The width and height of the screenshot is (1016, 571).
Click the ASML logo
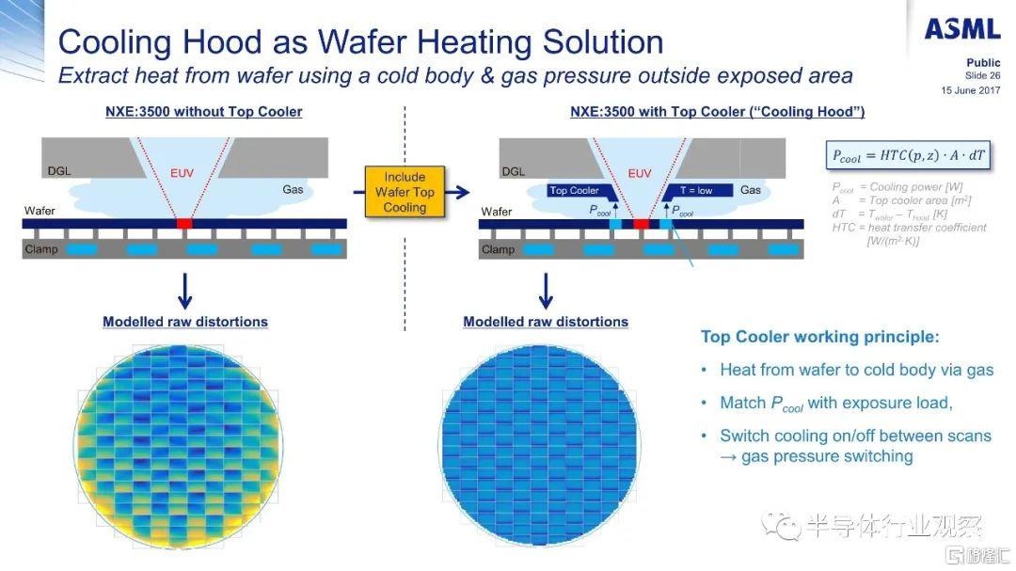click(x=962, y=29)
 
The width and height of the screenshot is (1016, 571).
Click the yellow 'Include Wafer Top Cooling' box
click(x=405, y=192)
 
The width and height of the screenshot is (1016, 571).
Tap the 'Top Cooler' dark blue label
click(x=576, y=191)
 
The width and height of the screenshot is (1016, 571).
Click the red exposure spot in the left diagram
click(x=184, y=224)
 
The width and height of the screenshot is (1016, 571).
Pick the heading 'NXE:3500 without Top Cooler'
click(x=203, y=112)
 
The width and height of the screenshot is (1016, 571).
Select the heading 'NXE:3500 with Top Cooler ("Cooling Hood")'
click(x=718, y=112)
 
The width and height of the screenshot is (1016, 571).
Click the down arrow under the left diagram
click(x=185, y=291)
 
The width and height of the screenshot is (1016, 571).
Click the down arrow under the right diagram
click(x=546, y=291)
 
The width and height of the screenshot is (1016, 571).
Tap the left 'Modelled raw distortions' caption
click(x=185, y=322)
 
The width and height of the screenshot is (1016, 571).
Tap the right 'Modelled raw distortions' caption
click(x=546, y=322)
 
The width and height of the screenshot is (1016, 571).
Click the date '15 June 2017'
click(x=971, y=90)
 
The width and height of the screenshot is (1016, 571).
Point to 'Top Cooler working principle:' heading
click(x=820, y=337)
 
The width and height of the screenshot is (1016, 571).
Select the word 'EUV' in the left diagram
click(x=183, y=173)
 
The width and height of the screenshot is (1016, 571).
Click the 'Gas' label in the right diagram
click(x=751, y=190)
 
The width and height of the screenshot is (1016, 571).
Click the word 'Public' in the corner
click(x=983, y=63)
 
